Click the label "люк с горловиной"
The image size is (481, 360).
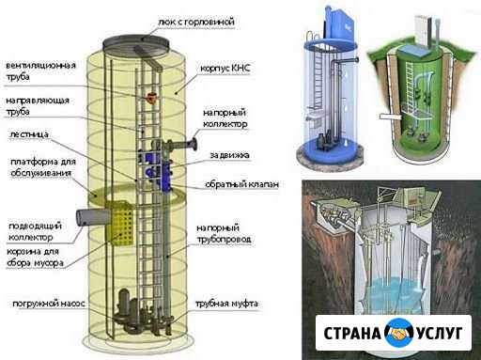pyautogui.click(x=196, y=23)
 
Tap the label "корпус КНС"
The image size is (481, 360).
pyautogui.click(x=225, y=69)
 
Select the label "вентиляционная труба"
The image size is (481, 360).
pyautogui.click(x=40, y=71)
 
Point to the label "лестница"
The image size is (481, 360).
pyautogui.click(x=29, y=134)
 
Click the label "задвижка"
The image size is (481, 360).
pyautogui.click(x=229, y=155)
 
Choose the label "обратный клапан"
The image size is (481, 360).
pyautogui.click(x=241, y=184)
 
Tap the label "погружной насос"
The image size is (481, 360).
pyautogui.click(x=49, y=304)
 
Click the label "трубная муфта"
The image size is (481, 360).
pyautogui.click(x=226, y=304)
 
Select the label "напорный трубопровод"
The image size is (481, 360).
pyautogui.click(x=224, y=233)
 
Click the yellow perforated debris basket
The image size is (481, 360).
pyautogui.click(x=120, y=224)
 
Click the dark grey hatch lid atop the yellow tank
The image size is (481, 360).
pyautogui.click(x=135, y=44)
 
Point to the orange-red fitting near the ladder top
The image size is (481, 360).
pyautogui.click(x=152, y=98)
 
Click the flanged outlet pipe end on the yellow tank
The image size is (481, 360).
pyautogui.click(x=193, y=145)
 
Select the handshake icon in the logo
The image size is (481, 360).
pyautogui.click(x=398, y=333)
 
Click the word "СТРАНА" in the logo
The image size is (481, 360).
pyautogui.click(x=352, y=333)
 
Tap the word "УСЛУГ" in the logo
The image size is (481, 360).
pyautogui.click(x=439, y=333)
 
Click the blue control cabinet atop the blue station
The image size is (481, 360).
pyautogui.click(x=340, y=22)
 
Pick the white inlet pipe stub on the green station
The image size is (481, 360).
pyautogui.click(x=390, y=117)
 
